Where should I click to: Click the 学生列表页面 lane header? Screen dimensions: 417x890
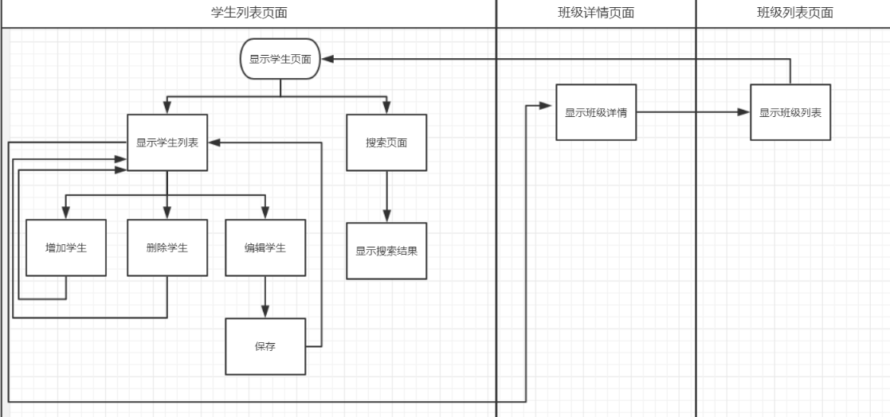coord(248,13)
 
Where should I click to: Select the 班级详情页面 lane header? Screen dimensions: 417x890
coord(596,13)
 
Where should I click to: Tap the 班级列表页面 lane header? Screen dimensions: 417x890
coord(794,13)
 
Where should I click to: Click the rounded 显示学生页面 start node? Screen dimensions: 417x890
coord(280,59)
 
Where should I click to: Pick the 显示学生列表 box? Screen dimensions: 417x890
coord(167,143)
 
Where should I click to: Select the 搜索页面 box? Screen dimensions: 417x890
coord(386,143)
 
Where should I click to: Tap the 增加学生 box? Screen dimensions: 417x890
coord(66,247)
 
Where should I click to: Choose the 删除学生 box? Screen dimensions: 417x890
coord(167,247)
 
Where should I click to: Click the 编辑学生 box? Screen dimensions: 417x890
coord(265,247)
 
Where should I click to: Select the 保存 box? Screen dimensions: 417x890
coord(265,347)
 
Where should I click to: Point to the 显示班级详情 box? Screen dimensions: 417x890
coord(596,112)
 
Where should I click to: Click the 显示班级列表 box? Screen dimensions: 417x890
coord(790,112)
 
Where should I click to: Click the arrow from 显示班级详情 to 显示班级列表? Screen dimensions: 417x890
coord(693,112)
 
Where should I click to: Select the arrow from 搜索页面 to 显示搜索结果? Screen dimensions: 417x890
coord(386,197)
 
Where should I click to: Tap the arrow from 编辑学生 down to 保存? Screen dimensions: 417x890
coord(265,297)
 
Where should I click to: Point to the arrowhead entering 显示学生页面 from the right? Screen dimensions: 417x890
coord(327,59)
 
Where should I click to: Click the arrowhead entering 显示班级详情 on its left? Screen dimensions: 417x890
coord(549,107)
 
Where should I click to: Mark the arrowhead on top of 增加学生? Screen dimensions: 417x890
coord(66,213)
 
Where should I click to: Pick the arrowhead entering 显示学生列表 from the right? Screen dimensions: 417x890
coord(214,143)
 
